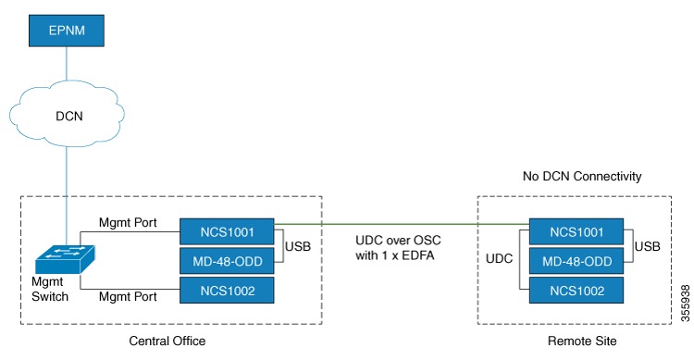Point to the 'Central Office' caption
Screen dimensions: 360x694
167,341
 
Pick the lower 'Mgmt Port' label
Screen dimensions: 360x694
132,298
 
